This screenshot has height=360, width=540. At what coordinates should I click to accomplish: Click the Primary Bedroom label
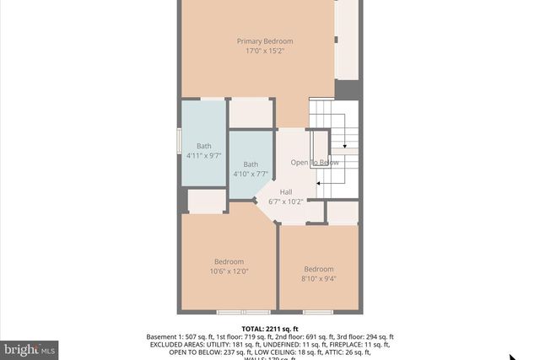(264, 41)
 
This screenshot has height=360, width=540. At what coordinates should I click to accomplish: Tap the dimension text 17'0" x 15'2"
(264, 51)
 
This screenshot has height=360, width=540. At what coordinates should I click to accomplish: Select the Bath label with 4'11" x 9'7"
(204, 146)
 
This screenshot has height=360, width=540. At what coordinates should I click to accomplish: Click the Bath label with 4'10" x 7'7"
(251, 164)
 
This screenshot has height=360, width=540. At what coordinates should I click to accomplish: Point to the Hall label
(286, 192)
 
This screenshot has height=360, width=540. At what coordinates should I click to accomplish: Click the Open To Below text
(315, 162)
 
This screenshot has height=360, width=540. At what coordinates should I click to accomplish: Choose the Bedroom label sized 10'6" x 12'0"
(229, 261)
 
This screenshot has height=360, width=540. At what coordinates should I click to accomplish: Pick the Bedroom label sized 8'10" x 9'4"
(319, 270)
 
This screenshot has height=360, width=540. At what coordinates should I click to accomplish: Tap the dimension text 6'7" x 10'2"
(285, 202)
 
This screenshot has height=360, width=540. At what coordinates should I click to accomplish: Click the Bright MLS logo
(30, 347)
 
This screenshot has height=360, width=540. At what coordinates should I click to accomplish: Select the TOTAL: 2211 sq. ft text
(270, 329)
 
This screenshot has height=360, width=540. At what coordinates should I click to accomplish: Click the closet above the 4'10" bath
(251, 112)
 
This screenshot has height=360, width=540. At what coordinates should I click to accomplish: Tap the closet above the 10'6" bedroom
(206, 201)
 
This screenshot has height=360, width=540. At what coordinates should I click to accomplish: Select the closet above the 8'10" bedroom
(343, 212)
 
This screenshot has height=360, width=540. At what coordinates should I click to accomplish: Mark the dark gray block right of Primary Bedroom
(347, 89)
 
